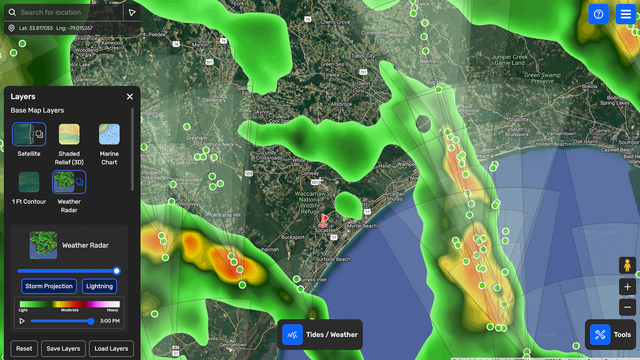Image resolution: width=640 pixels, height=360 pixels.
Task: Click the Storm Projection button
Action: pos(49,286)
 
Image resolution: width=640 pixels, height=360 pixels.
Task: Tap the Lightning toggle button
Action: pos(99,286)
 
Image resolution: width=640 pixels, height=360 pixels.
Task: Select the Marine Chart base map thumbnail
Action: pos(109,134)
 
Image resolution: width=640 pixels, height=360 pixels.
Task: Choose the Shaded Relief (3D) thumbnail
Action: pos(69,134)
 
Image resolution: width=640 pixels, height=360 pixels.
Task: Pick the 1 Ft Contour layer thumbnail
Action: pos(29,182)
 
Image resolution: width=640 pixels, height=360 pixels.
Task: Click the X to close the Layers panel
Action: pos(130,97)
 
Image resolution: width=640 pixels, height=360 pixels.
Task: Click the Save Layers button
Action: pos(63,349)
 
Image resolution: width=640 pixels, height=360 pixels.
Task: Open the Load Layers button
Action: pos(111,349)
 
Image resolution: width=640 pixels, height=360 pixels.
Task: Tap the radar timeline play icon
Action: pos(22,321)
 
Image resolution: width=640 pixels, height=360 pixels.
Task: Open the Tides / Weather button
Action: pos(320,334)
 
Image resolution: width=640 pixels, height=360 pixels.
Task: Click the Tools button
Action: pos(611,334)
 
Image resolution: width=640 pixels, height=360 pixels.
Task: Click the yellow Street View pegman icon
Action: pos(627,265)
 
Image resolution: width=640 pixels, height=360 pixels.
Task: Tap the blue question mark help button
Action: pos(598,14)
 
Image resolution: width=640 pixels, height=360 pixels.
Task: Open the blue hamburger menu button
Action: pos(626,14)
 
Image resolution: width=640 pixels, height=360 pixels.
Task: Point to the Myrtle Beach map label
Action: pos(362,226)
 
